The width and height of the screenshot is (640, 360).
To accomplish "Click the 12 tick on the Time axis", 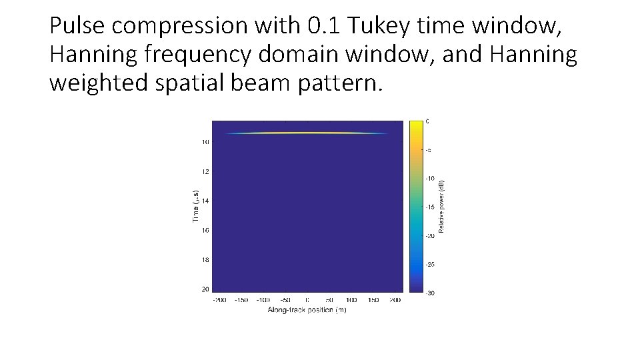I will coord(205,171).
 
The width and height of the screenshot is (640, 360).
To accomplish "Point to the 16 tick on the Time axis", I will coord(205,231).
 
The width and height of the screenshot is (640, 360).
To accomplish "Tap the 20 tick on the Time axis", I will coord(205,289).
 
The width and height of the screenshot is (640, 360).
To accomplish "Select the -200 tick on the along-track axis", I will coord(219,300).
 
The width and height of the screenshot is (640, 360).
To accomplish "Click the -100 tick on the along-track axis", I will coord(263,300).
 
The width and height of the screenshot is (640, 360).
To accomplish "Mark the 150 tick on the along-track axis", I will coord(373,300).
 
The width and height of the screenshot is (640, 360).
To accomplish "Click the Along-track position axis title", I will coord(307,310).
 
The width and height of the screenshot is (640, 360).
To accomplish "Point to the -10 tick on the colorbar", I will coord(431,179).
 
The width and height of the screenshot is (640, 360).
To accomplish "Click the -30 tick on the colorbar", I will coord(431,293).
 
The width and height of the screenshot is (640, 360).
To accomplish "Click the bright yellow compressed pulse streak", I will coord(307,133).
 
